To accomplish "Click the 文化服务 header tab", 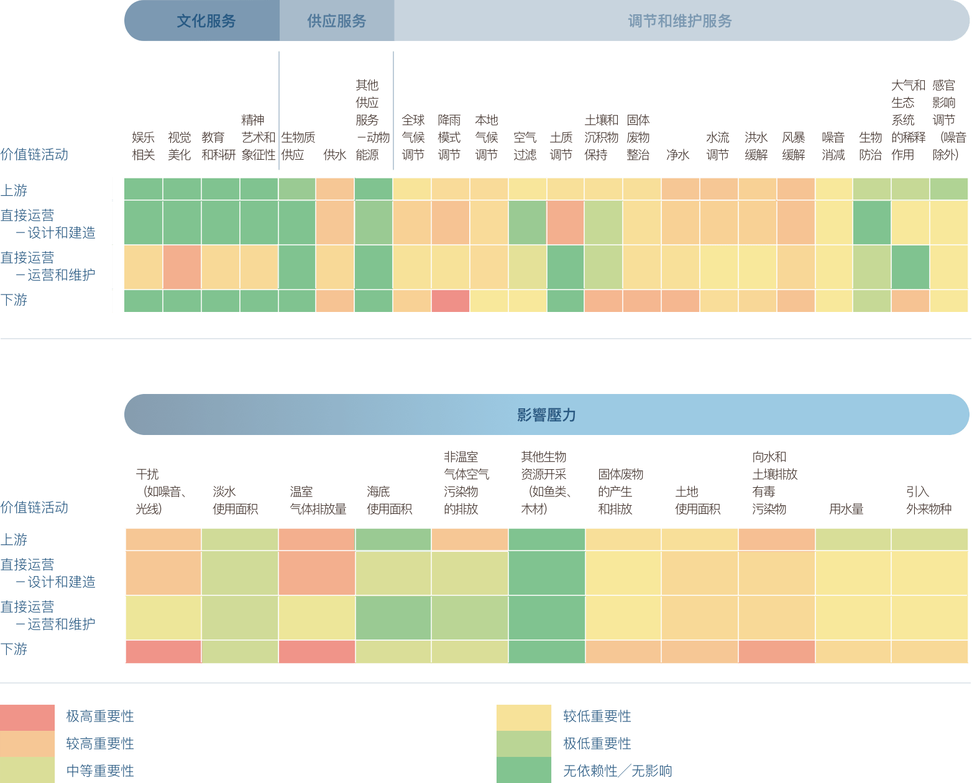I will point(206,21).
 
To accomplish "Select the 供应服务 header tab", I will point(336,21).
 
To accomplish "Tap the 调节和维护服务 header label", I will point(679,21).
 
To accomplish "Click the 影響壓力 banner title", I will point(546,414).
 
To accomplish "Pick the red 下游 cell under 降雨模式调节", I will point(450,301).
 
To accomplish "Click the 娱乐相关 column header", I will point(143,146).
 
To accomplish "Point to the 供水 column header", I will point(334,155).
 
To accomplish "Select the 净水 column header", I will point(677,155).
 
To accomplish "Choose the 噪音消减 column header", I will point(833,146).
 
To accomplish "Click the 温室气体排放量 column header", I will point(317,500).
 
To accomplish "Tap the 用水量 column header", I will point(845,509).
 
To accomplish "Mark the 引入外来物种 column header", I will point(928,500).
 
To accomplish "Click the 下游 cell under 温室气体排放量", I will point(317,652).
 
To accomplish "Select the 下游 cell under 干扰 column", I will point(163,652).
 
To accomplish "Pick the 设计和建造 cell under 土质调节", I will point(565,222).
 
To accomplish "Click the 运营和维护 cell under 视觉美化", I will point(182,267).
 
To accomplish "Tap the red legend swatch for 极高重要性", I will point(27,717).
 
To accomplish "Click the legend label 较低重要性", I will point(597,717).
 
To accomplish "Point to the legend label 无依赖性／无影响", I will point(617,771).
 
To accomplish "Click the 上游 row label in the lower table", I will point(14,539).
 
